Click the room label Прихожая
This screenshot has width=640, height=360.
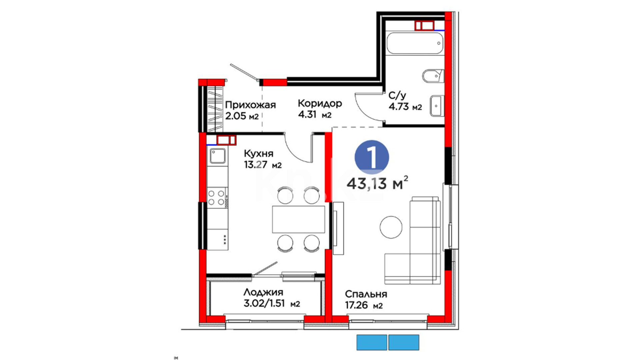[250, 105]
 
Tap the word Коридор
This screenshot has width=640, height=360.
[320, 103]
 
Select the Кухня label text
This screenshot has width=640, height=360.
[259, 153]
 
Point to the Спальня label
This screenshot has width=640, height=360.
[366, 294]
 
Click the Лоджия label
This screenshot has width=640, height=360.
[263, 292]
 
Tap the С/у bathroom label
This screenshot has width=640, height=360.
[397, 96]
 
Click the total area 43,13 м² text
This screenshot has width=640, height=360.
[377, 183]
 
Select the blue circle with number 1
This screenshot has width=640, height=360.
[372, 157]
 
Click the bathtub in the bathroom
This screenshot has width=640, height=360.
[415, 43]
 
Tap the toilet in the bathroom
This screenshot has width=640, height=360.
[433, 76]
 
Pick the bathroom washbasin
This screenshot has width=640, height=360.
[437, 106]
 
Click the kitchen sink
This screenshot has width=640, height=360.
[217, 156]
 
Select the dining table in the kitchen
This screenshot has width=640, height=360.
[298, 219]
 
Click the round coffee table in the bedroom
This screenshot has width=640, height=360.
[391, 227]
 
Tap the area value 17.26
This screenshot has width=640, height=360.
[356, 305]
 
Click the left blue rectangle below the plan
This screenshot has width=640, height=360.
[372, 342]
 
